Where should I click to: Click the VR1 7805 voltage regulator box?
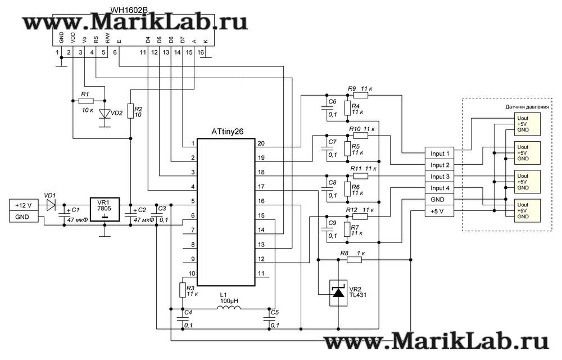[x=105, y=209]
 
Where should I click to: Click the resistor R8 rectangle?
[x=355, y=260]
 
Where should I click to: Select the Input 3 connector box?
[x=440, y=177]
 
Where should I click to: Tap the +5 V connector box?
[x=440, y=211]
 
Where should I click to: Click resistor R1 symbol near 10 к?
[x=85, y=101]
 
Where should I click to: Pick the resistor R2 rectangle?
[x=130, y=111]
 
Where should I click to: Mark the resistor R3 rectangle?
[x=182, y=290]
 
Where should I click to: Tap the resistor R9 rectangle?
[x=360, y=96]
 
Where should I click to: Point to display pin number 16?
[x=201, y=52]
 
